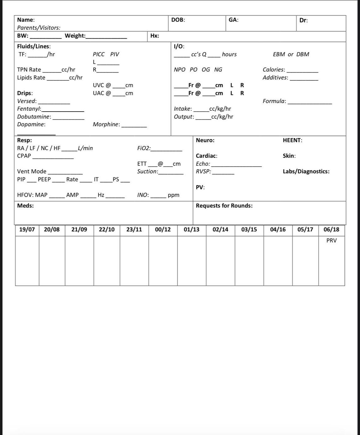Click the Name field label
pos(26,20)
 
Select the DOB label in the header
pos(178,20)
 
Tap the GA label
pos(233,20)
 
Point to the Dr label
pos(303,21)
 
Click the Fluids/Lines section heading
pos(33,46)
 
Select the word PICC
pos(99,54)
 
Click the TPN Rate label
pos(29,70)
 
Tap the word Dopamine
pos(31,125)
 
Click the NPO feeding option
pos(180,70)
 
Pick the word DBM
pos(303,54)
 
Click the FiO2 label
pos(144,148)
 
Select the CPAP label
pos(24,156)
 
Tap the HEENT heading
pos(292,140)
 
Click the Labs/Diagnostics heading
pos(306,172)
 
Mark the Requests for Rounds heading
pos(224,206)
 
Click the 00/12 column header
pos(163,230)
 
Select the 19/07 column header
pos(27,230)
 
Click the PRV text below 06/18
pos(331,241)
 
